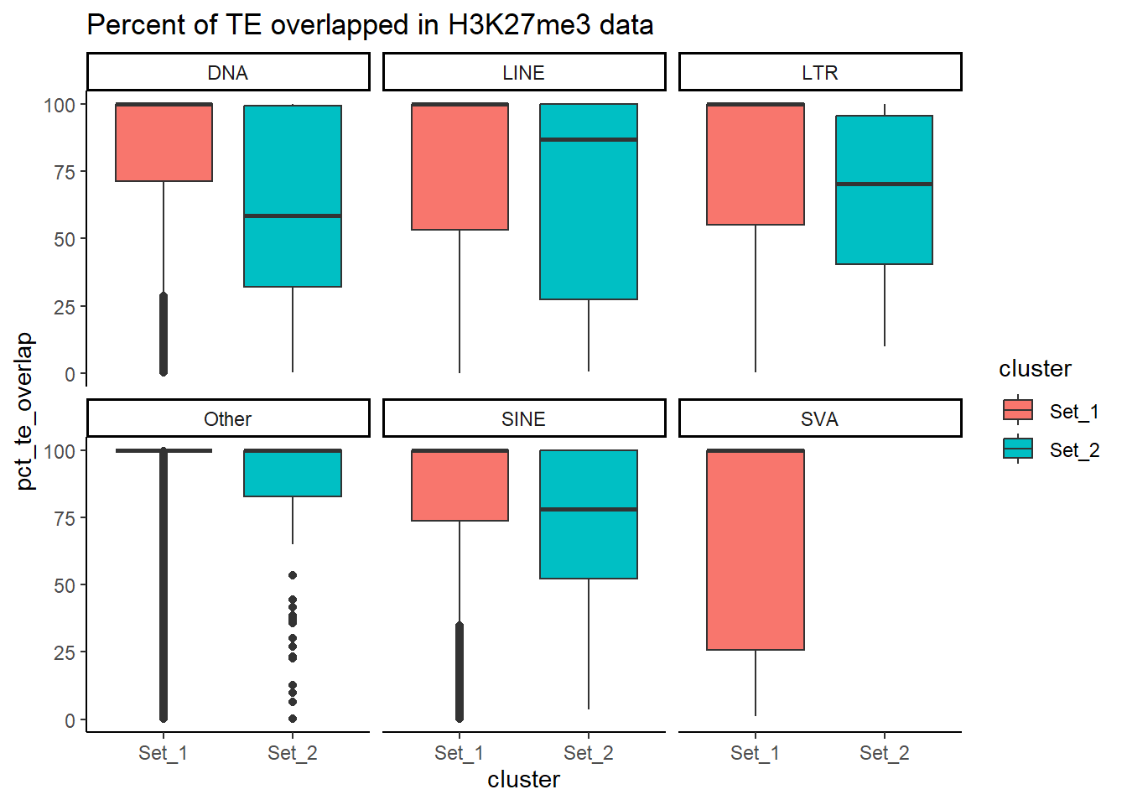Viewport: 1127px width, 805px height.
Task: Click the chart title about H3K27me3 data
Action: pos(370,25)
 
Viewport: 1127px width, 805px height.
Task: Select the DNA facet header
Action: pos(228,73)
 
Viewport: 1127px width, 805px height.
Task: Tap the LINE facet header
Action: pos(524,73)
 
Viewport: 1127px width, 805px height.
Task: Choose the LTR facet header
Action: pos(820,73)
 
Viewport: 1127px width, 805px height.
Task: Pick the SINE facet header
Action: pos(524,419)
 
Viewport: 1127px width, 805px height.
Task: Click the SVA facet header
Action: pos(820,419)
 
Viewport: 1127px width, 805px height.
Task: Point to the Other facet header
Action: pos(228,419)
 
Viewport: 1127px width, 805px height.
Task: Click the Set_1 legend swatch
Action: pos(1018,410)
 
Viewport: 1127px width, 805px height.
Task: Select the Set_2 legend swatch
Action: pos(1018,449)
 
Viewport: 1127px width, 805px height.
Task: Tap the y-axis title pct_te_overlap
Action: pos(25,411)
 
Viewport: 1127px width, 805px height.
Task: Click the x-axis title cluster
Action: pos(523,780)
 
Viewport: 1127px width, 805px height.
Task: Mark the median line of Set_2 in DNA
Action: pos(293,216)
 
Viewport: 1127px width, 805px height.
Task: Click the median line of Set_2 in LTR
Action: pos(884,184)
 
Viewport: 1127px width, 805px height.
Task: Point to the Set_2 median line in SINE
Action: pos(589,509)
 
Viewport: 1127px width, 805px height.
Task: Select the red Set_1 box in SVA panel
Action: pos(756,550)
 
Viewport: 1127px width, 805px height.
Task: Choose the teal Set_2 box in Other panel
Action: pos(293,475)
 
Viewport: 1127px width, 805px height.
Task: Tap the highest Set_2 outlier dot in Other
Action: pos(293,575)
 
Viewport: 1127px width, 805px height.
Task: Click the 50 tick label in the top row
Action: pos(65,240)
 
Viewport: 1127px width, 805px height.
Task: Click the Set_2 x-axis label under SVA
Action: pos(884,753)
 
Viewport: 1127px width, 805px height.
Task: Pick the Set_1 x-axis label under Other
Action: pos(164,753)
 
